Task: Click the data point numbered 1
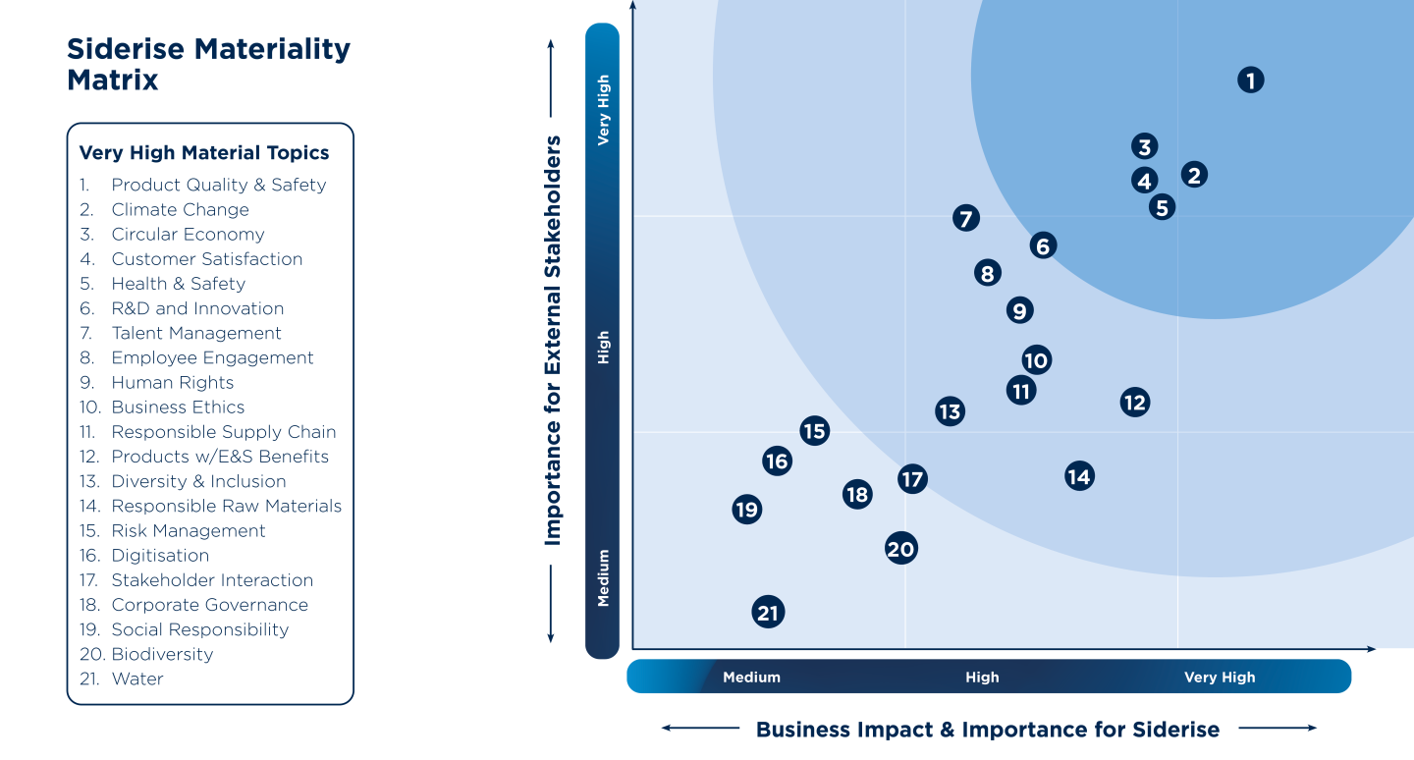pyautogui.click(x=1250, y=80)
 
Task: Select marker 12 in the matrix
pyautogui.click(x=1134, y=402)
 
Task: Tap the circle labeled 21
pyautogui.click(x=768, y=613)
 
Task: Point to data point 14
pyautogui.click(x=1078, y=476)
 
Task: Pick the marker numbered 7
pyautogui.click(x=966, y=218)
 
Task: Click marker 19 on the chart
pyautogui.click(x=746, y=510)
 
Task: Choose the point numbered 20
pyautogui.click(x=900, y=549)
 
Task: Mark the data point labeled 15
pyautogui.click(x=813, y=430)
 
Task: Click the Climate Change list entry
pyautogui.click(x=180, y=209)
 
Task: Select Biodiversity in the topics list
pyautogui.click(x=162, y=654)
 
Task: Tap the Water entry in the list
pyautogui.click(x=137, y=679)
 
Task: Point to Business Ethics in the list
pyautogui.click(x=178, y=407)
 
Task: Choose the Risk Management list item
pyautogui.click(x=189, y=530)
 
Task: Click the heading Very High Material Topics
pyautogui.click(x=204, y=152)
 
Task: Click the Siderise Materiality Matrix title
pyautogui.click(x=208, y=64)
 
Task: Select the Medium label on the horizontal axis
pyautogui.click(x=751, y=677)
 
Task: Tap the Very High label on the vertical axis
pyautogui.click(x=603, y=110)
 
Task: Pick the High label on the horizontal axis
pyautogui.click(x=982, y=677)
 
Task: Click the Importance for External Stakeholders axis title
pyautogui.click(x=553, y=340)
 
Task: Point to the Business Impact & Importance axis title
pyautogui.click(x=987, y=730)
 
